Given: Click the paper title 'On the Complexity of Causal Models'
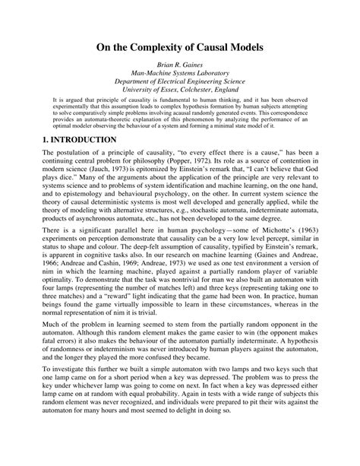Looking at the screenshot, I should [x=179, y=47].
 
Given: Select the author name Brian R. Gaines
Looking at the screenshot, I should [x=179, y=67].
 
